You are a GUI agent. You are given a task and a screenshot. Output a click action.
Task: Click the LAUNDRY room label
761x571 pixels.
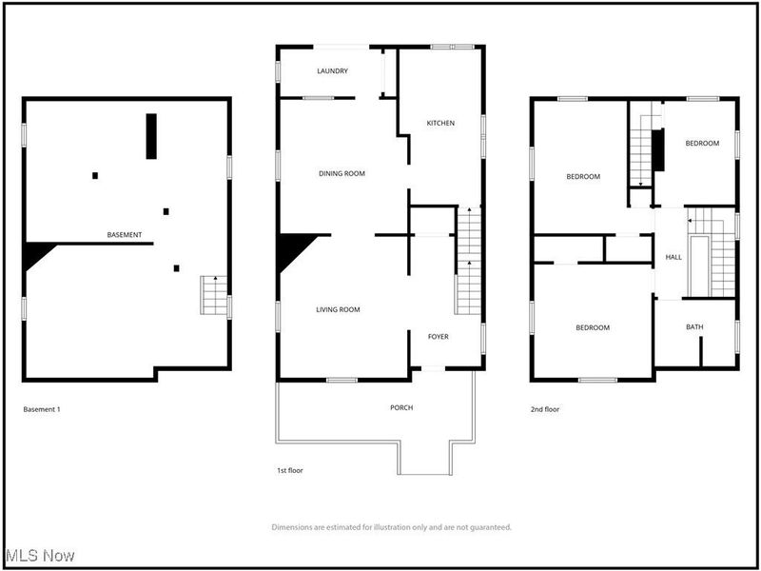[333, 70]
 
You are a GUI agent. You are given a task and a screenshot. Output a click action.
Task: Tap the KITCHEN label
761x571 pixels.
[440, 123]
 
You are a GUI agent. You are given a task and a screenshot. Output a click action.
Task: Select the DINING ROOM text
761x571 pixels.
[341, 173]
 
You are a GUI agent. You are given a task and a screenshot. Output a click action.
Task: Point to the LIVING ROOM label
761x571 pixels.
[338, 309]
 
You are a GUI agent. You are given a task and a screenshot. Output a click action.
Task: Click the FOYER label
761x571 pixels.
[438, 336]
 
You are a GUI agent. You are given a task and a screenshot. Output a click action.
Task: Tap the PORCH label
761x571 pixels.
[401, 407]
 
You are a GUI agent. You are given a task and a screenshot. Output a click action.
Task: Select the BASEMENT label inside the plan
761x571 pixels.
[125, 234]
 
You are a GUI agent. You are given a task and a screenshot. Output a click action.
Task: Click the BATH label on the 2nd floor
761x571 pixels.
[695, 327]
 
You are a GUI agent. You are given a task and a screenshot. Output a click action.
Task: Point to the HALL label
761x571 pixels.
[673, 257]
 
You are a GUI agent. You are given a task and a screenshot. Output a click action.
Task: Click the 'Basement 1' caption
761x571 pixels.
[42, 409]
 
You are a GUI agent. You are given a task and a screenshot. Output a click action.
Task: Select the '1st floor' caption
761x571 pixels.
[289, 470]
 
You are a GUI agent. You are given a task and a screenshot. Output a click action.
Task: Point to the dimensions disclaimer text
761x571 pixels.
[391, 526]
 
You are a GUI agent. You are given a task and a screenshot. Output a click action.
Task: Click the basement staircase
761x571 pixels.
[214, 295]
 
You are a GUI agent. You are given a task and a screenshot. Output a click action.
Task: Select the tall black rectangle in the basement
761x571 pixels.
[151, 136]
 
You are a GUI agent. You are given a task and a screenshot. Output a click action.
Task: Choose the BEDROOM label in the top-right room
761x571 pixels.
[702, 143]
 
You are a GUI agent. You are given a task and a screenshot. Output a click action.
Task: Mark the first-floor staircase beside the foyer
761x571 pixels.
[465, 262]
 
